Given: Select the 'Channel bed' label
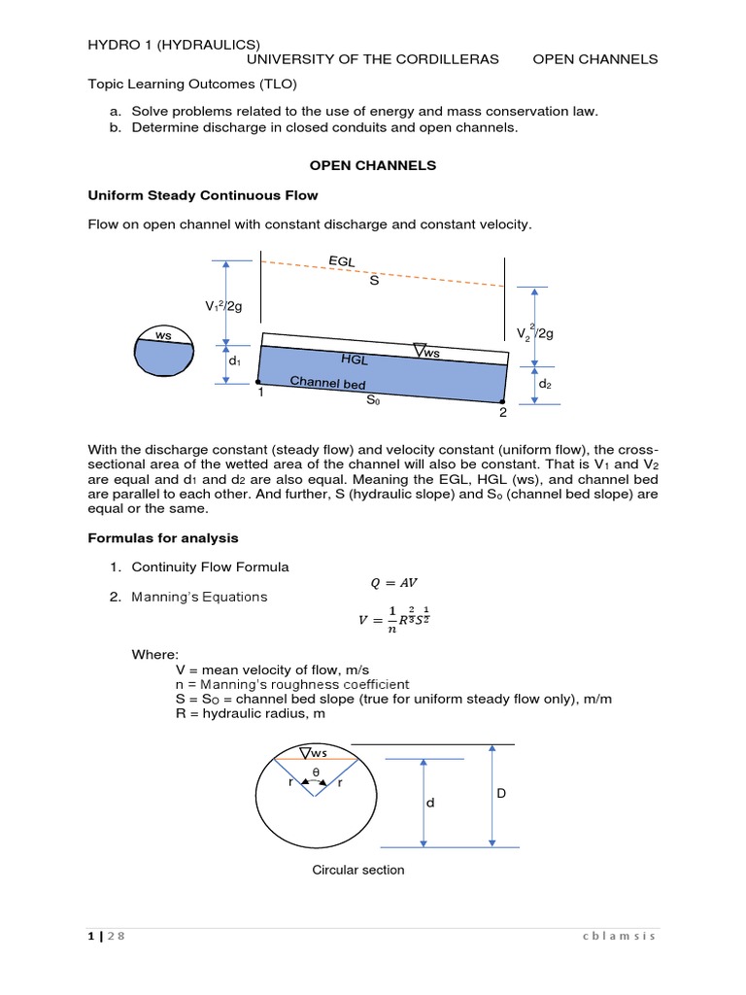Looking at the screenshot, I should [x=327, y=383].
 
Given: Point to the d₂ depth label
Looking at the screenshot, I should [x=545, y=384].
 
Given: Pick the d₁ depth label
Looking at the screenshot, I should [x=234, y=360].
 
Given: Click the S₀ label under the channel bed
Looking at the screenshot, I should [x=373, y=399].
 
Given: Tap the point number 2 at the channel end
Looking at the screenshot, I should [x=502, y=412].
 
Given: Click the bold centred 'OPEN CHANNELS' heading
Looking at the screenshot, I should [x=373, y=166].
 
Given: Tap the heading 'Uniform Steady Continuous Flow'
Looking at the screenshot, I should [x=203, y=195].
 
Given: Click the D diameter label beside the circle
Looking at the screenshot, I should [x=501, y=794].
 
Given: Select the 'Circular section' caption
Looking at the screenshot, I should [x=357, y=870].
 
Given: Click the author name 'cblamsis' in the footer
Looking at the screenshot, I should [x=620, y=936].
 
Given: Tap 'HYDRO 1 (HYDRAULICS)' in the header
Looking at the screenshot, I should [x=174, y=44].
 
